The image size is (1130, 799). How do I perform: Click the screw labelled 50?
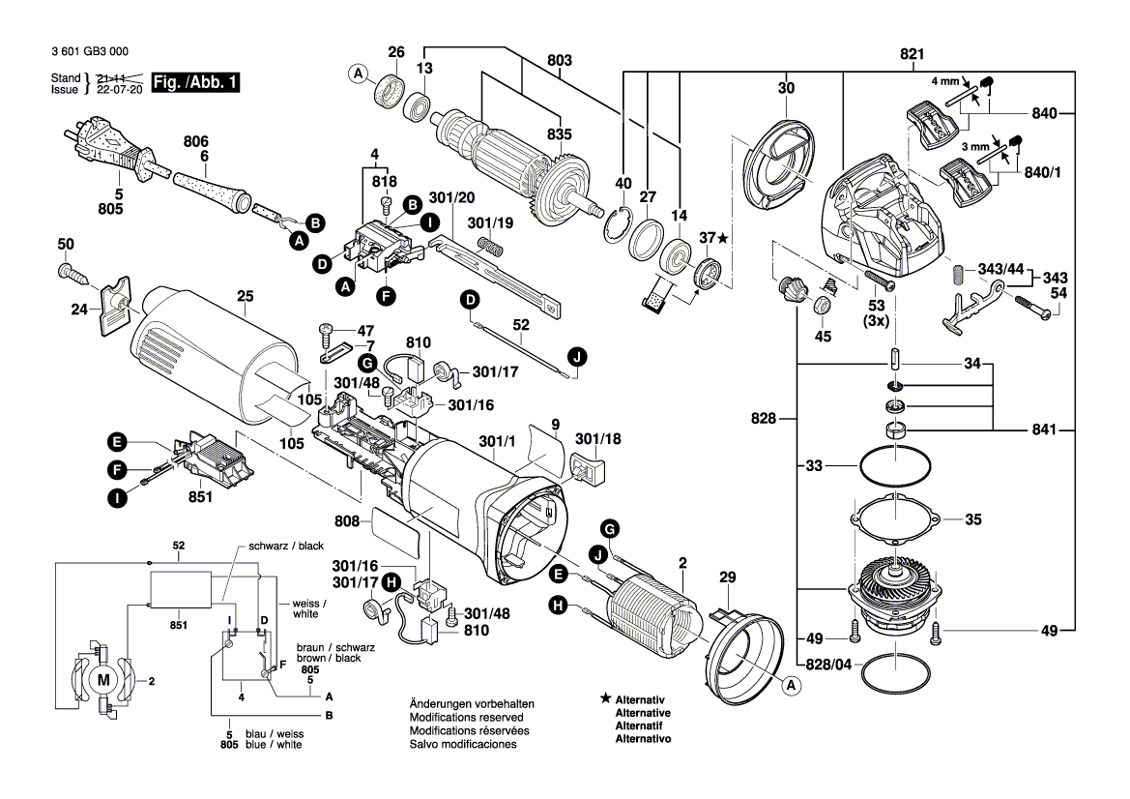(x=68, y=271)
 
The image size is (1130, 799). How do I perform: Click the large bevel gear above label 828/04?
(x=894, y=592)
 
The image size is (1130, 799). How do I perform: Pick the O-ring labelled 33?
(x=894, y=467)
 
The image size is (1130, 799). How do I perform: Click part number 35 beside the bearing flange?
(x=972, y=519)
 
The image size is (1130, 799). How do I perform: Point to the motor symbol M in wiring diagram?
(x=103, y=680)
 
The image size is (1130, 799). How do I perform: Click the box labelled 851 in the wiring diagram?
(x=179, y=589)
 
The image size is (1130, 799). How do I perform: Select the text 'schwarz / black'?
(x=286, y=546)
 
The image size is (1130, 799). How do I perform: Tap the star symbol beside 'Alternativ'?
(x=604, y=697)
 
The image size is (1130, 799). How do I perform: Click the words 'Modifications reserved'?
(x=466, y=718)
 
